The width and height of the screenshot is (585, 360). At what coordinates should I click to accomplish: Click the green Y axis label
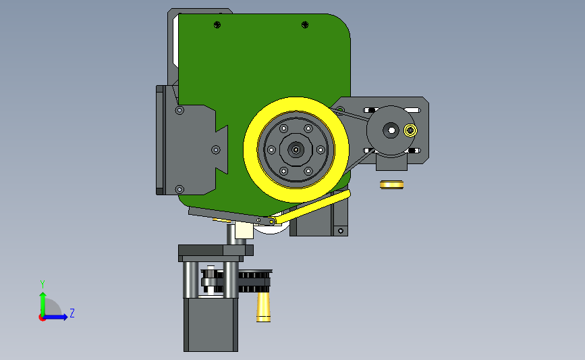coord(43,284)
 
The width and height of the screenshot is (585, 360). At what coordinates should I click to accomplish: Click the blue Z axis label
coord(72,313)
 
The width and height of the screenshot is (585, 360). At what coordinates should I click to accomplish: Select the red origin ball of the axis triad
coord(42,318)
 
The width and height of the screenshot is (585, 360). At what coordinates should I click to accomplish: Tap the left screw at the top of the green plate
coord(217,24)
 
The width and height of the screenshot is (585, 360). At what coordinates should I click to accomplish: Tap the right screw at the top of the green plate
coord(305,24)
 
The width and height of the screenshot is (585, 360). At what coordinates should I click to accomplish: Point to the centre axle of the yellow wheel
coord(296,150)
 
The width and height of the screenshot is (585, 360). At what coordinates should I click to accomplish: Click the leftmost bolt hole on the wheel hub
coord(271,150)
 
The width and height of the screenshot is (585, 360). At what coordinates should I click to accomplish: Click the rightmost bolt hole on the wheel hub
coord(321,150)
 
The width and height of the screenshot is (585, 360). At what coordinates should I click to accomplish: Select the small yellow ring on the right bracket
coord(410,130)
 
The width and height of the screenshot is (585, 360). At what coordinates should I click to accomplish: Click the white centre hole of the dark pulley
coord(391,130)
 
